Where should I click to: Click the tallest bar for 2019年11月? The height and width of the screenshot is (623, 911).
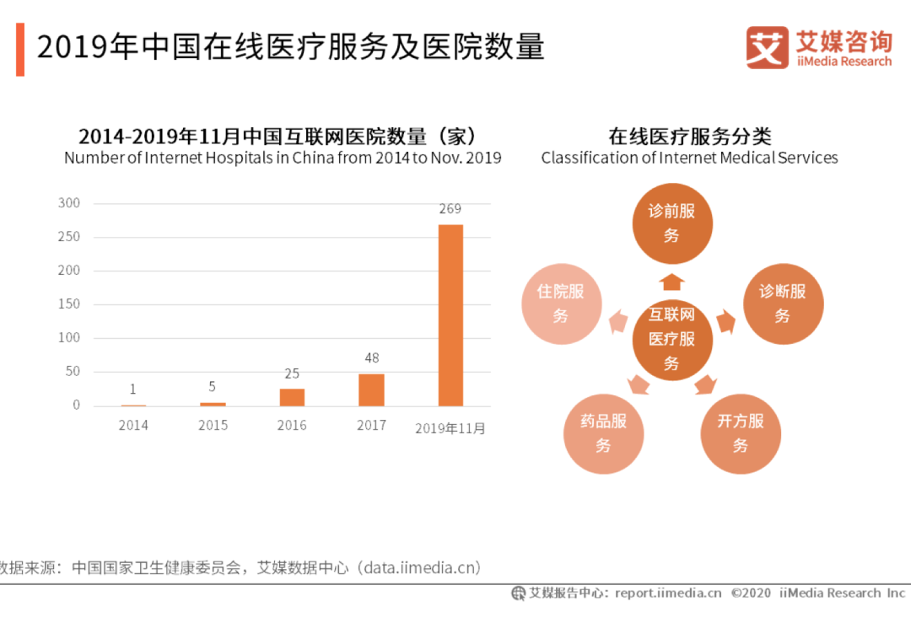[x=450, y=315]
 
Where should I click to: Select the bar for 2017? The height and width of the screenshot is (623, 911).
[x=371, y=389]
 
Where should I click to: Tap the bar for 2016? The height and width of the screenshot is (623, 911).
[x=292, y=397]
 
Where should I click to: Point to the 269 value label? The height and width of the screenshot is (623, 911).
[x=450, y=209]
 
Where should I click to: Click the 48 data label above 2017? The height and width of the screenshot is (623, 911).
[x=371, y=358]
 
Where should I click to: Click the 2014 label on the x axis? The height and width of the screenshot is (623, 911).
[x=133, y=426]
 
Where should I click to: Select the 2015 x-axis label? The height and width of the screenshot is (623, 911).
[x=213, y=426]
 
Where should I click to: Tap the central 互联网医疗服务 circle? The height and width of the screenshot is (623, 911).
[x=672, y=340]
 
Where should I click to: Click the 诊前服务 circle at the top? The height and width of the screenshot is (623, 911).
[x=672, y=223]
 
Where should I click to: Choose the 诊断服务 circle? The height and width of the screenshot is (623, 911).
[x=782, y=303]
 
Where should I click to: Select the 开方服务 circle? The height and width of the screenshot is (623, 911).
[x=741, y=432]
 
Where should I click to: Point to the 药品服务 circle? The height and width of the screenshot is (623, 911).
[x=603, y=432]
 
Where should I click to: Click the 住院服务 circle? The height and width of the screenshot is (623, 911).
[x=561, y=303]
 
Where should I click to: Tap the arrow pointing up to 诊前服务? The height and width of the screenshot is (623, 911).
[x=672, y=282]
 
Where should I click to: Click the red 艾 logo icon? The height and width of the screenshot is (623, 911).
[x=767, y=48]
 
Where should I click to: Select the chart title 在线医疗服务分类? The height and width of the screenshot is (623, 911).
[x=690, y=137]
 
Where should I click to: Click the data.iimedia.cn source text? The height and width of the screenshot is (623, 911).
[x=422, y=567]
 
